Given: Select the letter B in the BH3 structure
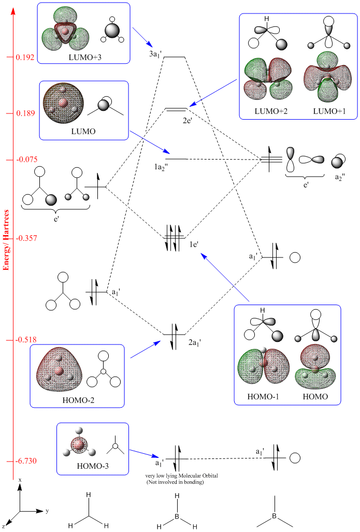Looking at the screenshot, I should pyautogui.click(x=177, y=515).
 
